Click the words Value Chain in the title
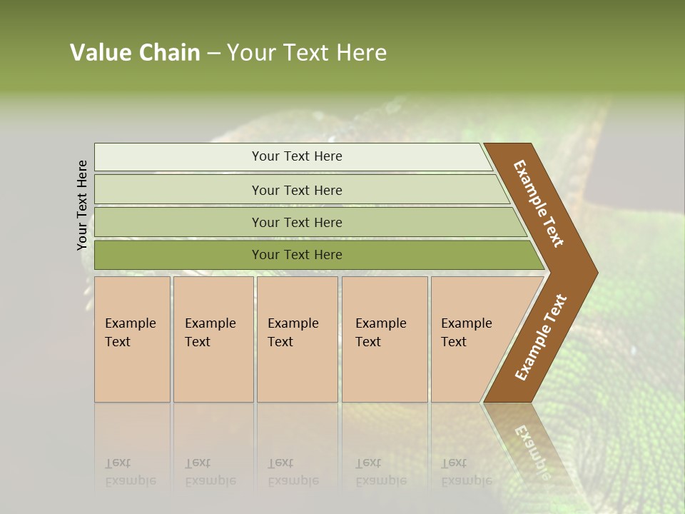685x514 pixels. click(135, 53)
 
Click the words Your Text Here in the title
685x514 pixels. click(307, 53)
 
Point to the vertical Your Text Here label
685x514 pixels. click(82, 205)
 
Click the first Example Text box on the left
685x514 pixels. click(132, 339)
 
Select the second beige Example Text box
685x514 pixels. click(213, 339)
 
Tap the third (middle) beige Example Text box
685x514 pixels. click(297, 339)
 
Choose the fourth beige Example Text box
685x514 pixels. click(385, 339)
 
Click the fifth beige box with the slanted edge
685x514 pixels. click(471, 339)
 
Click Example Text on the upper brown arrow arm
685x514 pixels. click(539, 203)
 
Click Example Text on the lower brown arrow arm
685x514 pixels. click(541, 338)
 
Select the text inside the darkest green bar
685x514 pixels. click(297, 255)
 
